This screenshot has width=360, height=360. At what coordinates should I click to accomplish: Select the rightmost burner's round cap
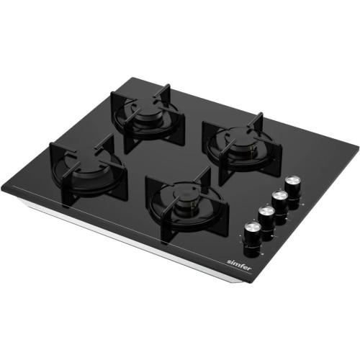(239, 145)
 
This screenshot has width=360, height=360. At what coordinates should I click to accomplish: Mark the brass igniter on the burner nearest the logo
(192, 208)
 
